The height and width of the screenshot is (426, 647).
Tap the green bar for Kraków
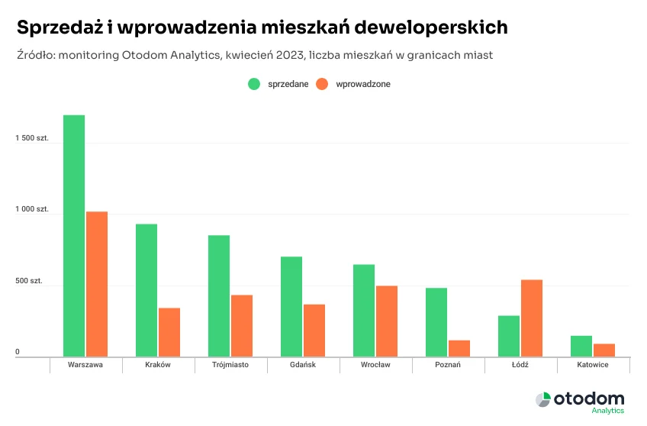(x=146, y=290)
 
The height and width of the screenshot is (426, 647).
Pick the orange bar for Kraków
(x=169, y=332)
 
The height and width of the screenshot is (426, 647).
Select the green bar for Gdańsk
(x=291, y=306)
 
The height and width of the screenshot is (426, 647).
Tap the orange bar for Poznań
(x=459, y=348)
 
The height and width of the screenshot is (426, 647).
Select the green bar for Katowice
(x=581, y=346)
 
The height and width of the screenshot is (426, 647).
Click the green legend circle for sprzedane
(x=254, y=84)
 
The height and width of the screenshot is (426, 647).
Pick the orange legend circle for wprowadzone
(x=323, y=84)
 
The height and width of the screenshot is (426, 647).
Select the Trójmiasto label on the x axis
(x=230, y=365)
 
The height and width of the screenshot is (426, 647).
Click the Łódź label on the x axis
(x=520, y=365)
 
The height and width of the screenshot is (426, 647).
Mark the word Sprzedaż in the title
(x=58, y=27)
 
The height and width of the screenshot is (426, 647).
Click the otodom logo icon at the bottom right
(x=542, y=400)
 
